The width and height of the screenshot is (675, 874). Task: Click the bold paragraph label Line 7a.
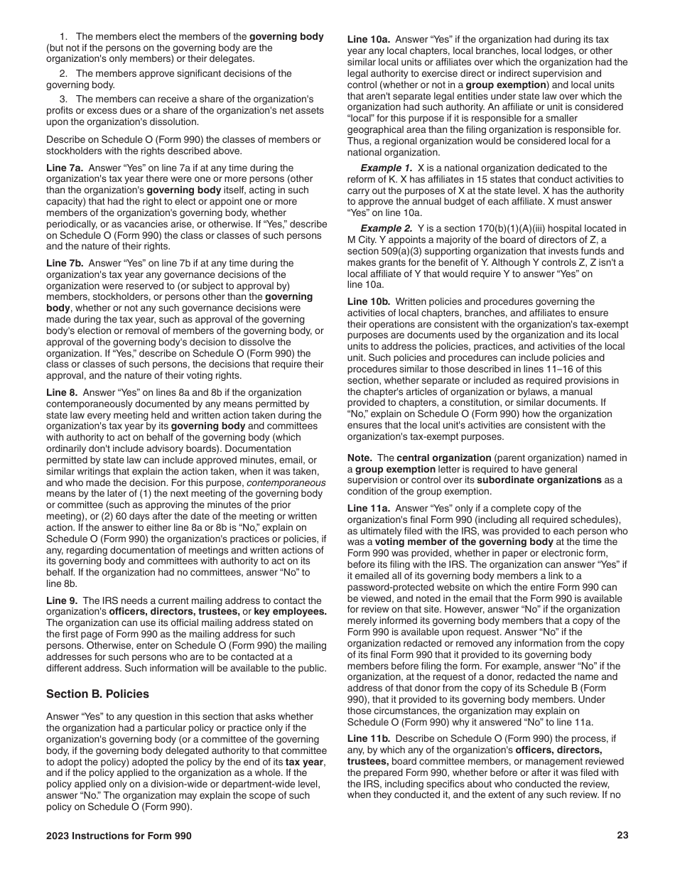[65, 168]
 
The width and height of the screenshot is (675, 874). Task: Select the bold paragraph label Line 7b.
[65, 263]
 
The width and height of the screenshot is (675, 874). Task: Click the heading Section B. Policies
[97, 694]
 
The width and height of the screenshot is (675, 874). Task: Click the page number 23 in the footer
[622, 836]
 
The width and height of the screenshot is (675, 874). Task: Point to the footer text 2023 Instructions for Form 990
[119, 836]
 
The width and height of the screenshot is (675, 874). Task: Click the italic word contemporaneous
[286, 482]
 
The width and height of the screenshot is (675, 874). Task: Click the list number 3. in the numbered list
[63, 99]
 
